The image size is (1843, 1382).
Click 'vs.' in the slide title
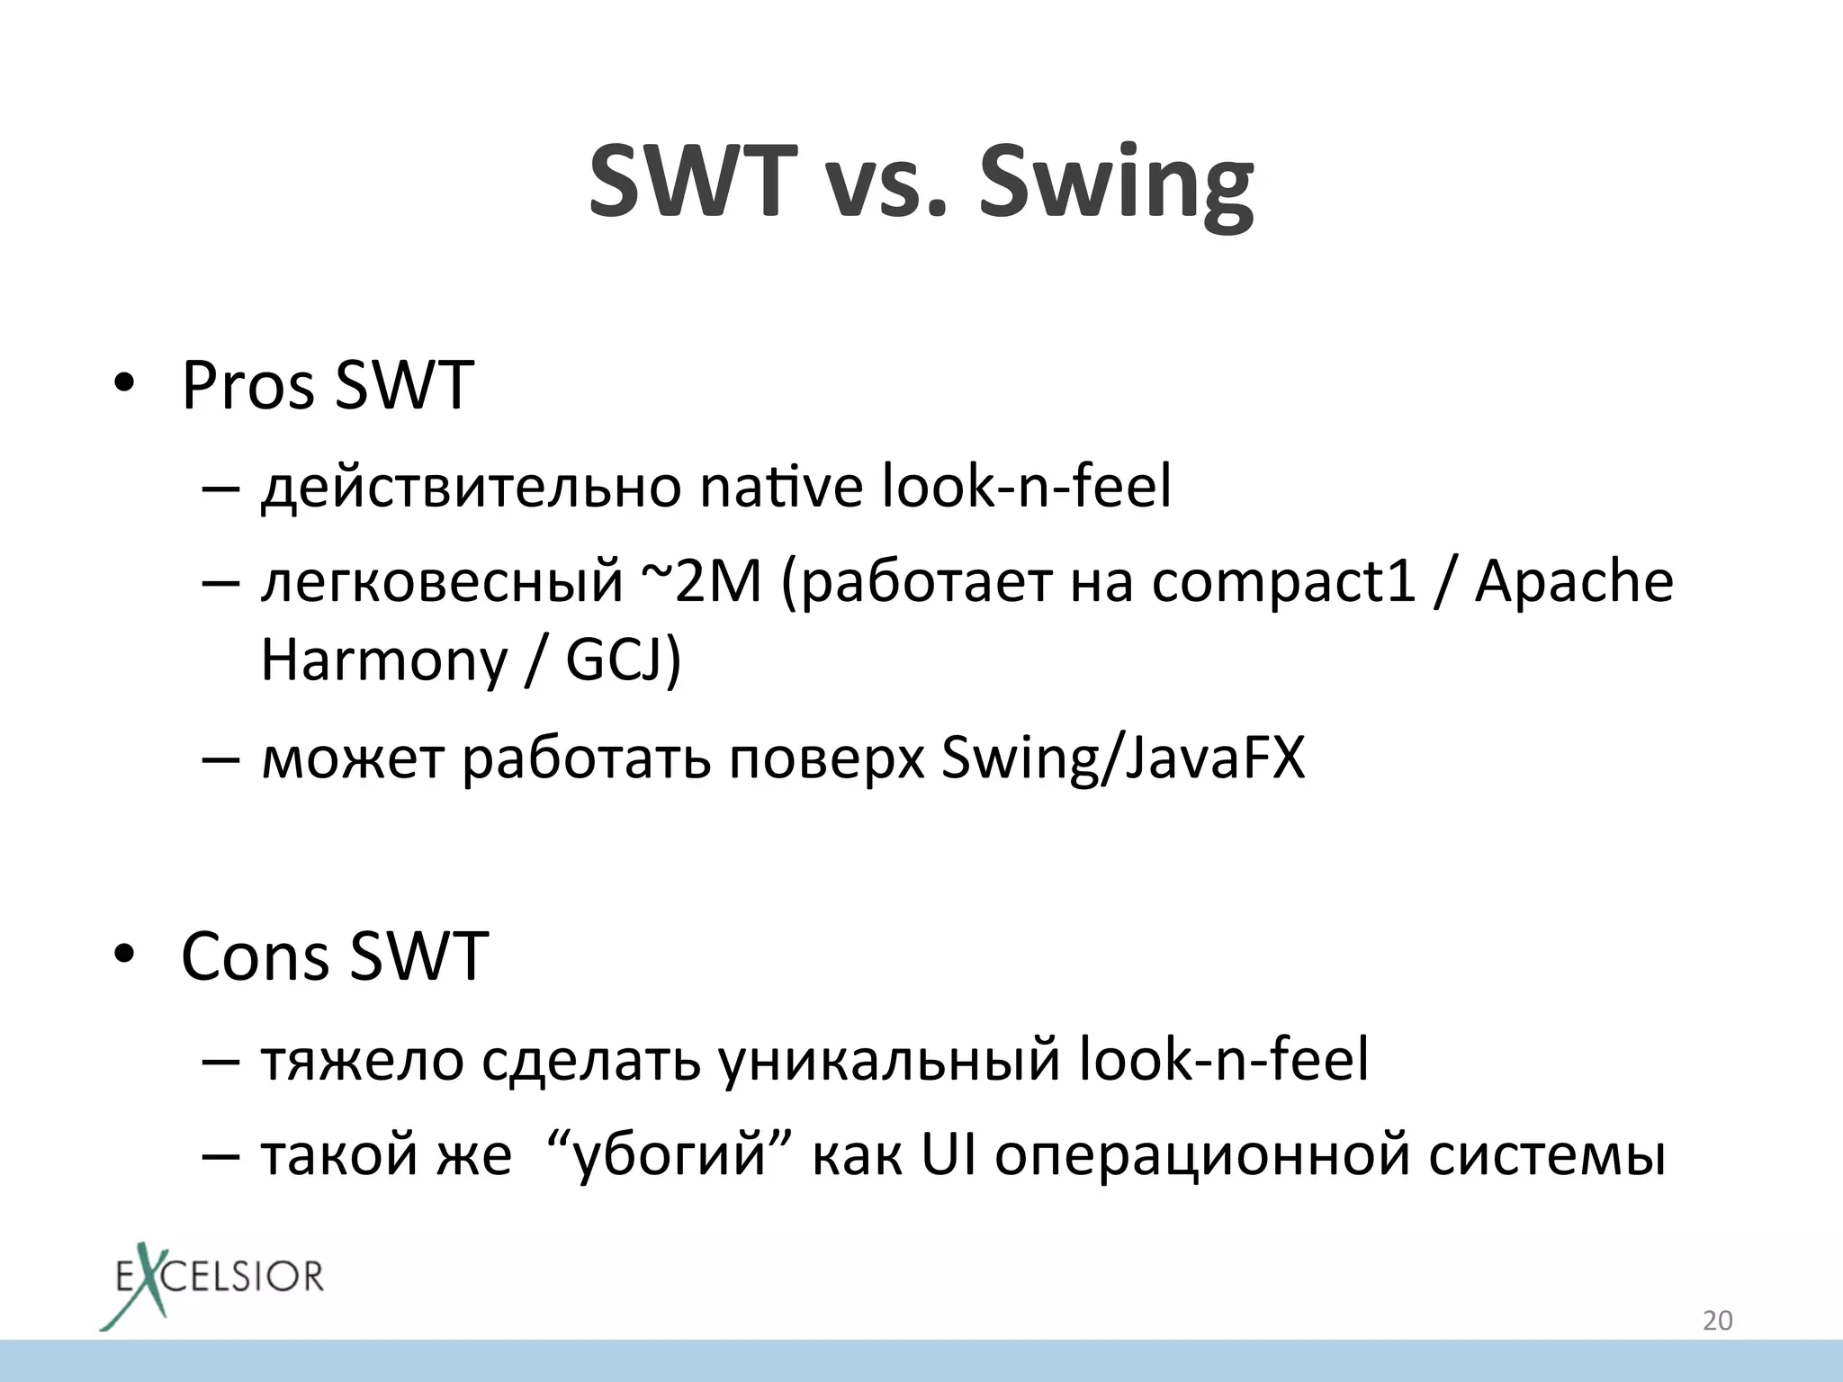click(887, 184)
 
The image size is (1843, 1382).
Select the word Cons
click(255, 956)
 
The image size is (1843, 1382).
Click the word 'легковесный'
click(441, 581)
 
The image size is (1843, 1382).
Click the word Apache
click(1574, 581)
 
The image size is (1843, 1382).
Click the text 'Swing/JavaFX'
click(1122, 758)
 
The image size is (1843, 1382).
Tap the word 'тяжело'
click(361, 1060)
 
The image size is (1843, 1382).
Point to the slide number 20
click(1717, 1321)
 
